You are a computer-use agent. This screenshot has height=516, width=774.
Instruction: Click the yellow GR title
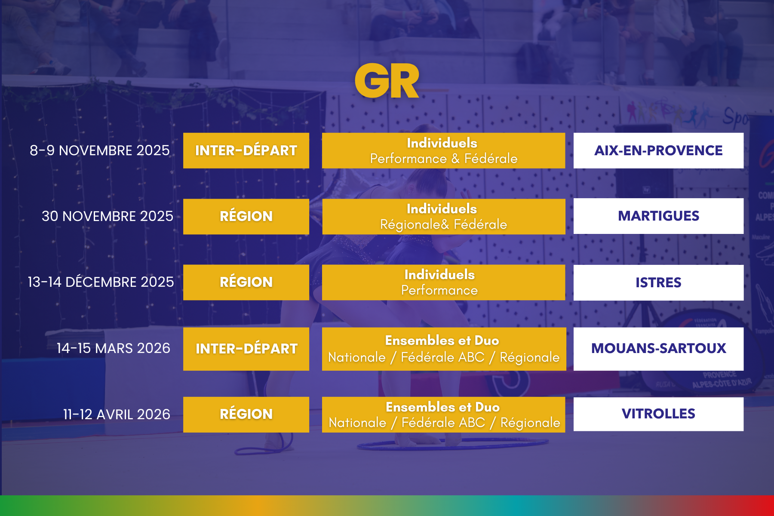(x=387, y=81)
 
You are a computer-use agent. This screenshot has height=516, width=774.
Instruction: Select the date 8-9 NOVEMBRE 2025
(x=100, y=150)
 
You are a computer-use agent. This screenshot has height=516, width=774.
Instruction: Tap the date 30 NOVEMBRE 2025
(x=107, y=216)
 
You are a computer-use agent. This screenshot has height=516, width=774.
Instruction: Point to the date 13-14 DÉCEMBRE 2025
(x=101, y=282)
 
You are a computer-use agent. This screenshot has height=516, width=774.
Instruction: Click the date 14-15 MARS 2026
(x=114, y=348)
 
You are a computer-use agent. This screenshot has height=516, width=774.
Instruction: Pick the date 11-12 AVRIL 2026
(x=117, y=415)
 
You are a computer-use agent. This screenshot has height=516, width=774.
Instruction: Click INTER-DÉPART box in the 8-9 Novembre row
(x=246, y=150)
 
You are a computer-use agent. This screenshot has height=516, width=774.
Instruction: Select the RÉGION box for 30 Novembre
(x=246, y=216)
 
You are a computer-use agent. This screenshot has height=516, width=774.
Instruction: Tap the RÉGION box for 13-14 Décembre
(x=246, y=282)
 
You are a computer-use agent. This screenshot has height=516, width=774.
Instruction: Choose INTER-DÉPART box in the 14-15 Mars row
(x=246, y=349)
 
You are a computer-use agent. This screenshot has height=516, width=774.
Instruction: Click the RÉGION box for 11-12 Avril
(x=246, y=415)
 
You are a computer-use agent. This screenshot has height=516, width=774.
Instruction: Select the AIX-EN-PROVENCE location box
(x=658, y=150)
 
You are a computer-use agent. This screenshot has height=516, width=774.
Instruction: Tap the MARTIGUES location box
(x=658, y=216)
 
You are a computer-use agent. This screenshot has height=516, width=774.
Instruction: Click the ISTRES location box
(x=658, y=283)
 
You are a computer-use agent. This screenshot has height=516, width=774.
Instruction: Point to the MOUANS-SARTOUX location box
(x=658, y=349)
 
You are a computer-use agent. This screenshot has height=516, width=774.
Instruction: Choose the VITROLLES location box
(x=658, y=414)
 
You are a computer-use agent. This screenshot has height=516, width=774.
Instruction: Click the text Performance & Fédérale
(x=444, y=159)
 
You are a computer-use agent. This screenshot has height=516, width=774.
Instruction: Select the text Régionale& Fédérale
(x=444, y=224)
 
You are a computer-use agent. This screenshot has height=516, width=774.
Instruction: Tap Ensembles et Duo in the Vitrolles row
(x=443, y=407)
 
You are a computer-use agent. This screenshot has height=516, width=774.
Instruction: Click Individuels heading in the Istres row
(x=439, y=274)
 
